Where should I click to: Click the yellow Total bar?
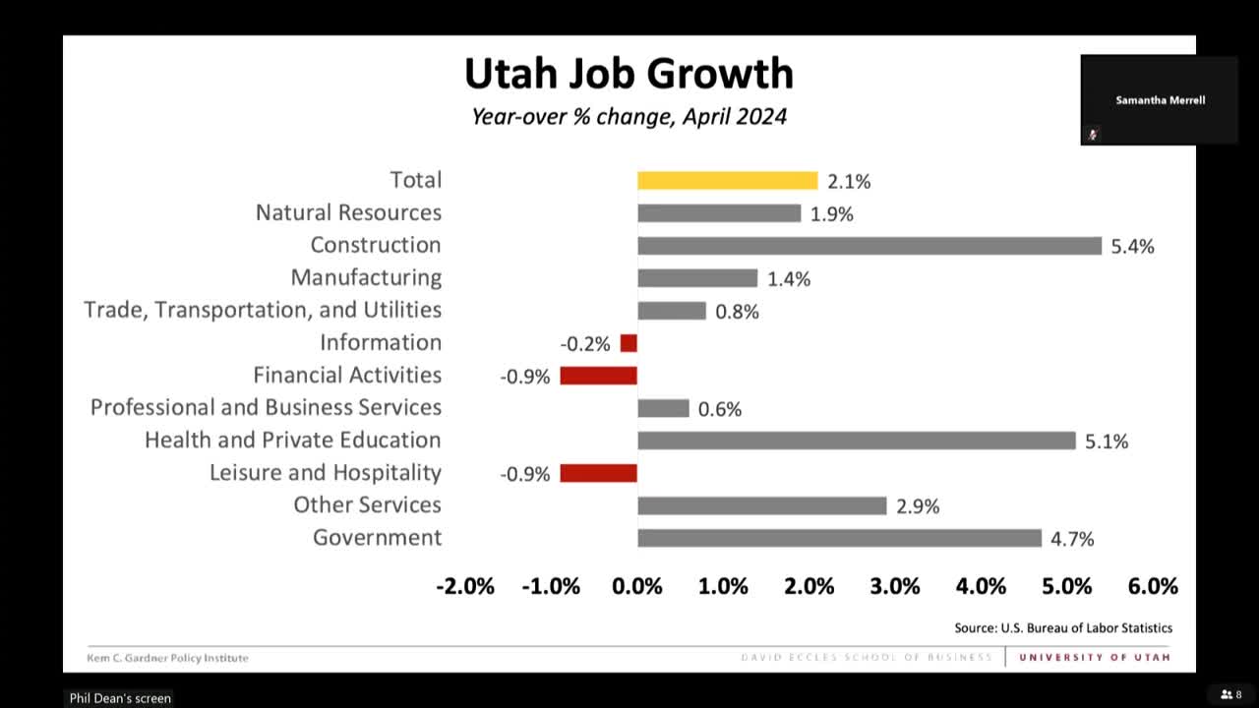pos(727,180)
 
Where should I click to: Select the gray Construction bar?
pos(869,246)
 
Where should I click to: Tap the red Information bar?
pos(629,343)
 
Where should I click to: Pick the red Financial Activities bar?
pos(598,376)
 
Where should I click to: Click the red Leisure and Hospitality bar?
pos(598,473)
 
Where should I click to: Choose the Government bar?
pos(839,538)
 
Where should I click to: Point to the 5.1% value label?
pos(1107,442)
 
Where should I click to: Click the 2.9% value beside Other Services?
pos(918,506)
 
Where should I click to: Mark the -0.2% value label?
pos(585,344)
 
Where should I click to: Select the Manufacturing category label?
pos(366,277)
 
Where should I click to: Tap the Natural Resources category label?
pos(348,212)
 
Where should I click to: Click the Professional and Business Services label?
pos(266,407)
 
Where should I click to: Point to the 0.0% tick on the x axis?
pos(637,586)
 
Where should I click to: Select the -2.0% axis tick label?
pos(465,586)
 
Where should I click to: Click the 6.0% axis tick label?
pos(1153,586)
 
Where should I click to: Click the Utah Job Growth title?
pos(629,74)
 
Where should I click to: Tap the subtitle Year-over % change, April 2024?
pos(629,116)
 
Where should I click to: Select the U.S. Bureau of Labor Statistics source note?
pos(1063,627)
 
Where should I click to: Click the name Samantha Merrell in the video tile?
pos(1160,100)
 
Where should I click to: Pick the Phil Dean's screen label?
pos(120,698)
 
